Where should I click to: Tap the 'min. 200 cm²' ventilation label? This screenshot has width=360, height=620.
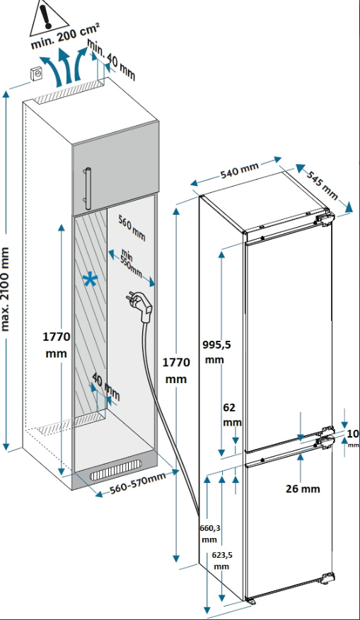tap(65, 35)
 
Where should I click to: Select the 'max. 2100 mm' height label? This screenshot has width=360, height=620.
tap(6, 288)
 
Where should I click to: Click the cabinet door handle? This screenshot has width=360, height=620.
tap(88, 188)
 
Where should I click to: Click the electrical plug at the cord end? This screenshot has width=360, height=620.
tap(139, 302)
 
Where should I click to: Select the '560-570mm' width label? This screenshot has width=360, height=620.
tap(137, 482)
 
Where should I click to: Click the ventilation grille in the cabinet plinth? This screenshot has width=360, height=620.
tap(115, 469)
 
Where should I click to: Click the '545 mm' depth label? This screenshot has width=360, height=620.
tap(323, 185)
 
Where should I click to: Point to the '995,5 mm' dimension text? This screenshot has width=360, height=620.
tap(216, 351)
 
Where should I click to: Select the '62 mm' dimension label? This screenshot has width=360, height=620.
tap(232, 414)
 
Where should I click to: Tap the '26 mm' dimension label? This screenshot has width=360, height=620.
tap(303, 489)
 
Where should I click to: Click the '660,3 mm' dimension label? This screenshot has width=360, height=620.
tap(210, 533)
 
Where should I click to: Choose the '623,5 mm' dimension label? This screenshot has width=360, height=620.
tap(222, 561)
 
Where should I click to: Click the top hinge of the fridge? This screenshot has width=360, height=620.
tap(325, 218)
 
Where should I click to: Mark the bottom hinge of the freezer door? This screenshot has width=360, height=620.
tap(327, 578)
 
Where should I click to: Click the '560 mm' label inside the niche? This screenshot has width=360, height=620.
tap(132, 228)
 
